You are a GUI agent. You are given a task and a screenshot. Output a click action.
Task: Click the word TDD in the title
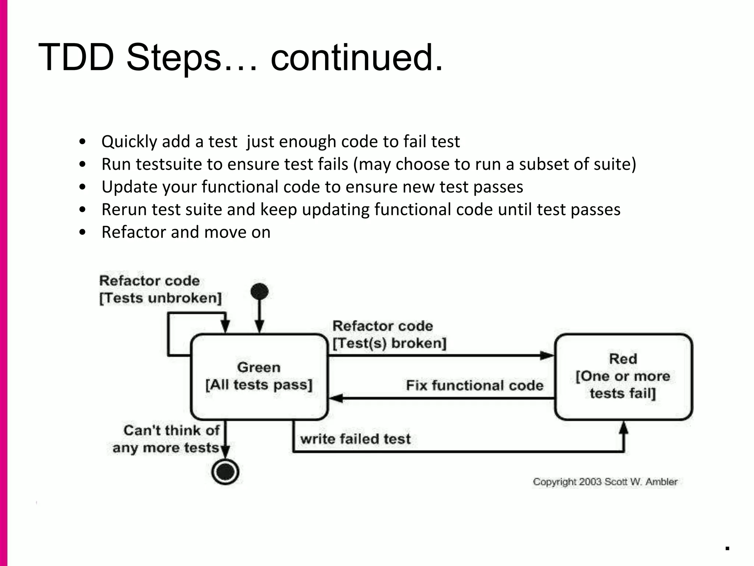coord(75,58)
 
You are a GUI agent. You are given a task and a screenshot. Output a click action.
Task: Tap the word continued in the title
coord(356,58)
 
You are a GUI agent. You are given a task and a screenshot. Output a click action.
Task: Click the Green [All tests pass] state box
coord(259,376)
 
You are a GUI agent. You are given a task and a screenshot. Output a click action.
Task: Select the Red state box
coord(623,376)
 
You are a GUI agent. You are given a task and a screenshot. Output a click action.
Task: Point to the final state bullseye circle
coord(225,472)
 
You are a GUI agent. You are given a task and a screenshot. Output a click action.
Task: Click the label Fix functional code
coord(474,385)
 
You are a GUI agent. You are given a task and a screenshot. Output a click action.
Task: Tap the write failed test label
coord(355,439)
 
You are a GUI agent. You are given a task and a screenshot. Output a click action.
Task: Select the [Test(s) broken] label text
coord(389,343)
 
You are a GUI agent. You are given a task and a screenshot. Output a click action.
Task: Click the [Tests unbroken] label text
coord(161,298)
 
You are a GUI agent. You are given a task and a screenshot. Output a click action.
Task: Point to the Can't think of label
coord(171,430)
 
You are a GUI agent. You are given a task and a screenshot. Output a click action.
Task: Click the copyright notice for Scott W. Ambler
coord(605,482)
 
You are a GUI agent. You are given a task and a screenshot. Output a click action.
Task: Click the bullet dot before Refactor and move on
coord(82,232)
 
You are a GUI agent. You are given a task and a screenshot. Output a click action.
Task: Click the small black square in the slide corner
coord(727,548)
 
